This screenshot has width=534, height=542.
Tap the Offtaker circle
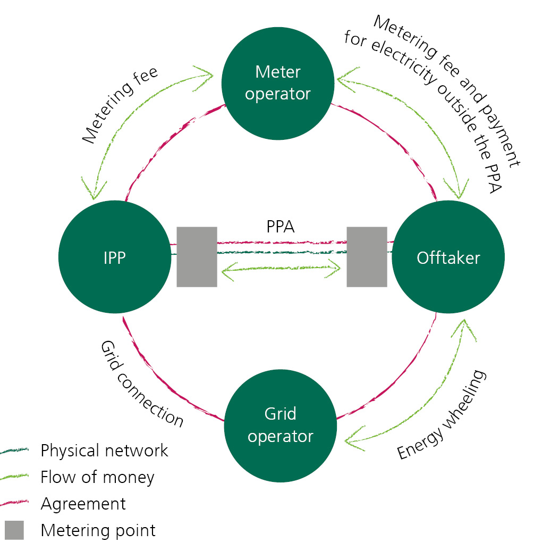[448, 258]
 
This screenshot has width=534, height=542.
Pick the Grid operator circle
[281, 425]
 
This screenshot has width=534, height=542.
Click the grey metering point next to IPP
[197, 257]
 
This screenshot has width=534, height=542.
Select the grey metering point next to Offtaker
[367, 257]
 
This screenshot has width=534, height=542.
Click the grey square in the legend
[14, 530]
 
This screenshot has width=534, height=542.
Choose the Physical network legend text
[104, 451]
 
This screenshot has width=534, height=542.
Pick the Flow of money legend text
[97, 477]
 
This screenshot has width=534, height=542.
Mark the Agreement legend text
[83, 503]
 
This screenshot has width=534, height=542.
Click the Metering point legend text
[98, 530]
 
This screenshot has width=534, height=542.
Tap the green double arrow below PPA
[280, 271]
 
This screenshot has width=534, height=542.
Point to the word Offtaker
[448, 258]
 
